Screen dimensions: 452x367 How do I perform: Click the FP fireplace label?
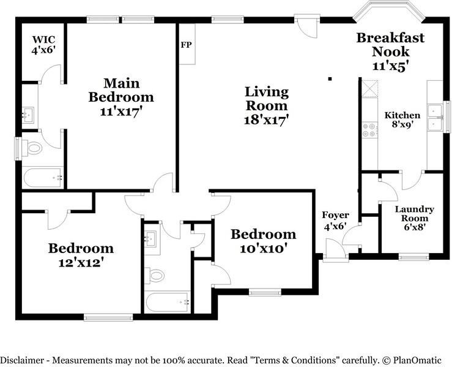pos(186,45)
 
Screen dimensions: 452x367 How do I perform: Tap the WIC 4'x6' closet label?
pos(43,45)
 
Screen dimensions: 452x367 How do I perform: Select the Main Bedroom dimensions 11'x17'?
pos(121,112)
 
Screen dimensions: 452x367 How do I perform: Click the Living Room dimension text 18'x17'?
pos(266,120)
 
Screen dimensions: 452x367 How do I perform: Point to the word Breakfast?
pos(390,38)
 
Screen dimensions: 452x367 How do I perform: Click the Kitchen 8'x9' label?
pos(402,119)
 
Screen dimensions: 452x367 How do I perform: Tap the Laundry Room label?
pos(414,214)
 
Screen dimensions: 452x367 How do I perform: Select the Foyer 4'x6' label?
pos(335,221)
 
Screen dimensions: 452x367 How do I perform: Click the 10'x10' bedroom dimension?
pos(264,248)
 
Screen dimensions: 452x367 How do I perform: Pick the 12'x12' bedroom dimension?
pos(81,263)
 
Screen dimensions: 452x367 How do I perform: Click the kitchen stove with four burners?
pos(370,130)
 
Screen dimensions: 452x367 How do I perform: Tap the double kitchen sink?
pos(435,118)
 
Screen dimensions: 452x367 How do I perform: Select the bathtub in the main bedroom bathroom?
pos(43,177)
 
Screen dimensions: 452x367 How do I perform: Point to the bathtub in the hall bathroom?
pos(168,302)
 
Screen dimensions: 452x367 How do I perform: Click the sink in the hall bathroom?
pos(151,238)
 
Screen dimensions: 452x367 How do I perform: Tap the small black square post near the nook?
pos(330,78)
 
